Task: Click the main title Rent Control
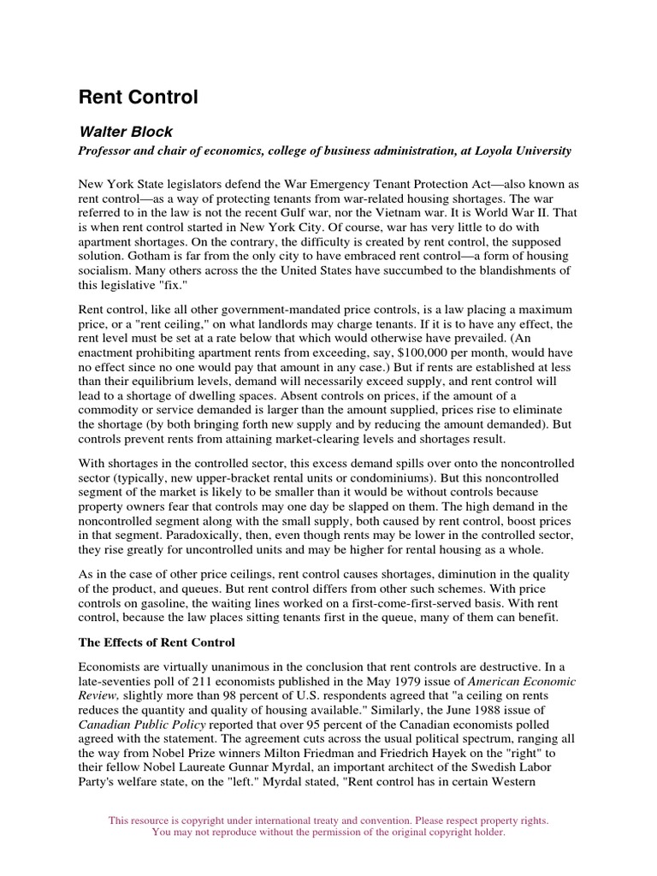[138, 98]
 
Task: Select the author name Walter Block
[127, 133]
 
